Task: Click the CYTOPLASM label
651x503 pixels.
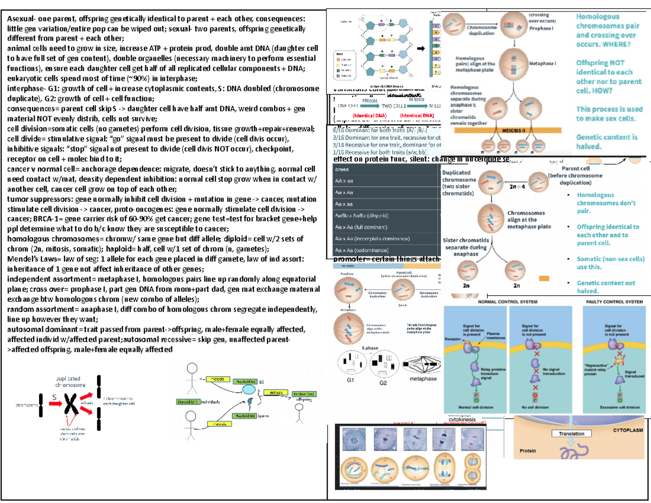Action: [628, 429]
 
